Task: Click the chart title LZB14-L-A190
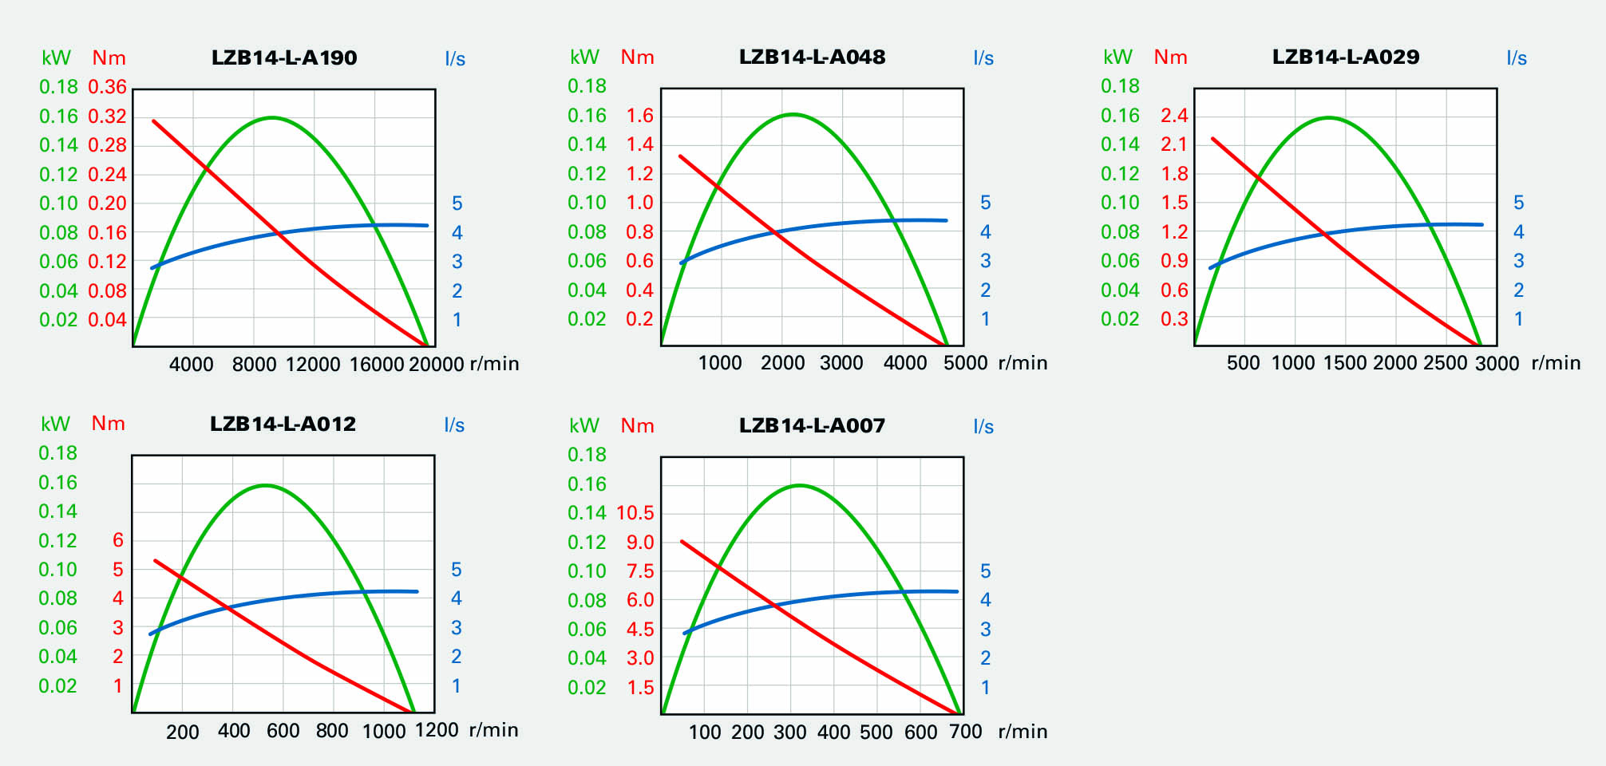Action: pos(284,57)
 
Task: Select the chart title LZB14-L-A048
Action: pos(812,57)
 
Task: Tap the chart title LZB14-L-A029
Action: pos(1346,57)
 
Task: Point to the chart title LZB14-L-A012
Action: pos(283,424)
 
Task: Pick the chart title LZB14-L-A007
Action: pos(812,425)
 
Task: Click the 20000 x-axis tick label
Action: pos(436,365)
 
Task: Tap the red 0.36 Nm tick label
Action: pos(108,87)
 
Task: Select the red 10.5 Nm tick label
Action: pos(635,513)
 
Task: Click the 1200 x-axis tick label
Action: pos(437,730)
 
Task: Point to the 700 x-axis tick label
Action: pos(966,732)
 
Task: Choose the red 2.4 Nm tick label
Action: pos(1174,116)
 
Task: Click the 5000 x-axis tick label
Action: pos(966,363)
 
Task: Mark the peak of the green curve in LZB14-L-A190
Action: pos(272,118)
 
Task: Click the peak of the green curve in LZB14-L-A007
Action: pos(799,485)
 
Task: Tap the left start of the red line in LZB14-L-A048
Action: pos(680,156)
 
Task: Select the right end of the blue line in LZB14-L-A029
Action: pos(1481,225)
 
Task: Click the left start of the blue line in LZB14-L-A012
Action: pos(151,634)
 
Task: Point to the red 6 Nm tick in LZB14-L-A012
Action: pos(118,540)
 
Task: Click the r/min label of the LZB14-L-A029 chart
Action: pos(1556,363)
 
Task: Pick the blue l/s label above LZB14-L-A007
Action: pos(983,427)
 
